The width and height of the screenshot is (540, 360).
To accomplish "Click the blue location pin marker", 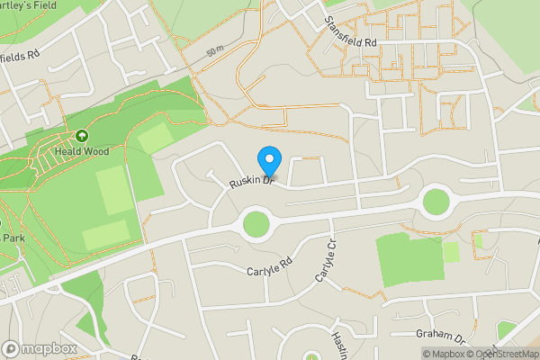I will click(268, 161).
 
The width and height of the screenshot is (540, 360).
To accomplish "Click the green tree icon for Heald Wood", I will click(82, 137).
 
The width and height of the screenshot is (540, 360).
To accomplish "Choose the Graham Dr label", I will click(439, 334).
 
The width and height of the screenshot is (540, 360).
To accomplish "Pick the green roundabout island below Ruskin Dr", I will click(256, 222).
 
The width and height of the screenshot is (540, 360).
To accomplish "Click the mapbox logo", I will click(40, 348).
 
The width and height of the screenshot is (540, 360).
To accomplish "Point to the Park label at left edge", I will click(12, 238).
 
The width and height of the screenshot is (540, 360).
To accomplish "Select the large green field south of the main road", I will click(409, 258).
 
